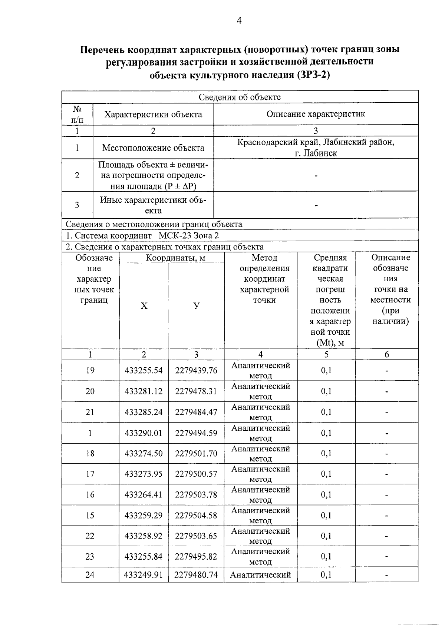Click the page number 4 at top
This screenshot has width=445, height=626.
pyautogui.click(x=239, y=21)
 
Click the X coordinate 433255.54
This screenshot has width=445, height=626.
pyautogui.click(x=144, y=370)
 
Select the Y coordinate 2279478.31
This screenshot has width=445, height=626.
pyautogui.click(x=196, y=391)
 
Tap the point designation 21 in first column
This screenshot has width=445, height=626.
pyautogui.click(x=90, y=412)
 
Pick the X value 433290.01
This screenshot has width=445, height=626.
pyautogui.click(x=144, y=433)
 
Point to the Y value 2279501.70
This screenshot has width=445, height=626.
pyautogui.click(x=196, y=453)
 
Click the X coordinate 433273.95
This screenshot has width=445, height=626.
pyautogui.click(x=144, y=474)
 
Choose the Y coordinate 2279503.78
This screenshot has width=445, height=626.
pyautogui.click(x=196, y=495)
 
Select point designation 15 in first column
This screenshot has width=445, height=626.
pyautogui.click(x=90, y=515)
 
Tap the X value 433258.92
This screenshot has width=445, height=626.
pyautogui.click(x=144, y=536)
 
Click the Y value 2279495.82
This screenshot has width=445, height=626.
pyautogui.click(x=196, y=557)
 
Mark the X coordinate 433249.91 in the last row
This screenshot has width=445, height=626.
pyautogui.click(x=144, y=575)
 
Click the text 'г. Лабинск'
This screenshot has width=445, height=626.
pyautogui.click(x=316, y=153)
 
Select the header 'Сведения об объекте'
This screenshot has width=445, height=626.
pyautogui.click(x=240, y=97)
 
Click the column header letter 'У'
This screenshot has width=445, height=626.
pyautogui.click(x=197, y=306)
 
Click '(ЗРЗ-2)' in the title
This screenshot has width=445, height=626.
pyautogui.click(x=313, y=75)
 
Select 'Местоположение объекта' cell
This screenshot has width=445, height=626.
pyautogui.click(x=153, y=148)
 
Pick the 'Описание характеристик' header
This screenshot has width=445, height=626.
pyautogui.click(x=316, y=114)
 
